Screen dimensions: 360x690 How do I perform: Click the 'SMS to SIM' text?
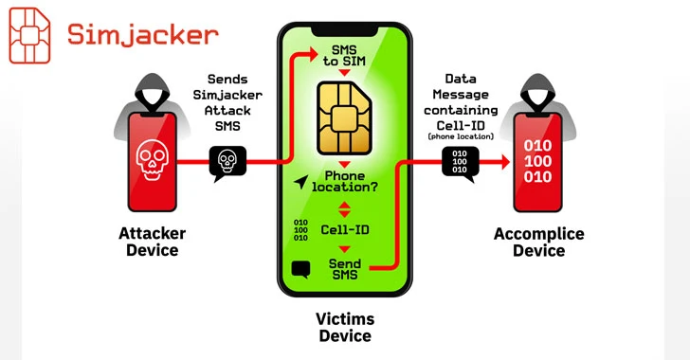(x=345, y=55)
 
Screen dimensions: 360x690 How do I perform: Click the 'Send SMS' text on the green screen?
(x=345, y=268)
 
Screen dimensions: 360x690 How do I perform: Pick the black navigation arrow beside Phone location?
(x=302, y=181)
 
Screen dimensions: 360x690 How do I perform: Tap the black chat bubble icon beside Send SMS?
(x=302, y=269)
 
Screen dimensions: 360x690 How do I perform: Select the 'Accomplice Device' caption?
(x=540, y=243)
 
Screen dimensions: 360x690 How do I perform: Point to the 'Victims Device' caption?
(x=345, y=328)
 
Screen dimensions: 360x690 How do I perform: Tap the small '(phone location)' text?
(x=461, y=137)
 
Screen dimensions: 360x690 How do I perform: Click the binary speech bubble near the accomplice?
(x=460, y=163)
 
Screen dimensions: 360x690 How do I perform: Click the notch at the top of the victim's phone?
(x=345, y=29)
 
